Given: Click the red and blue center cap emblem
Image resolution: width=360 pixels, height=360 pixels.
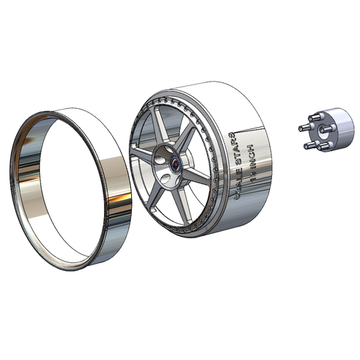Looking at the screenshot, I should [176, 164].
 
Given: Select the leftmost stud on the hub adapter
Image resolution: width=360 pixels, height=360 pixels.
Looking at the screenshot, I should [302, 128].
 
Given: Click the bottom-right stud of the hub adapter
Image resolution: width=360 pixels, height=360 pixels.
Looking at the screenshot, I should [324, 147].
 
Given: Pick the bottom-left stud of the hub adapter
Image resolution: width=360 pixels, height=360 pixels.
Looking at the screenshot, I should [308, 145].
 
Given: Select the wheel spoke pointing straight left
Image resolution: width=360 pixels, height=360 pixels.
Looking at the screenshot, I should [143, 153].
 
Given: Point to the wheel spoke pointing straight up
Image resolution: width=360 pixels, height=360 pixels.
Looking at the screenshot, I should [160, 126].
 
